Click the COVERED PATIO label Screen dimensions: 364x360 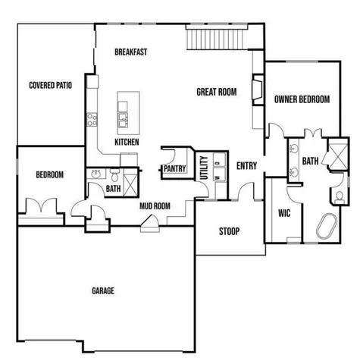tap(50, 86)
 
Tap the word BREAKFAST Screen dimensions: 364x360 tap(130, 52)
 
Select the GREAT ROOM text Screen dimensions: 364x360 tap(217, 92)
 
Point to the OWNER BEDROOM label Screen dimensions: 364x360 tap(302, 99)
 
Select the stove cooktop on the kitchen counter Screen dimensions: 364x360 tap(92, 118)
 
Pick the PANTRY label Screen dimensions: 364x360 tap(174, 170)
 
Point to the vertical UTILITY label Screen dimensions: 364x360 tap(203, 168)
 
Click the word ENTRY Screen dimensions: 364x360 tap(246, 166)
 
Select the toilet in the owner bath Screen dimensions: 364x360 tap(338, 198)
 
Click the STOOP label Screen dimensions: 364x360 tap(230, 231)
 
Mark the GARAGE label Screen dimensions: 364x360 tap(103, 290)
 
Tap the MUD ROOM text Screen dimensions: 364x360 tap(154, 206)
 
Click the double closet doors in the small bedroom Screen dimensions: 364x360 tap(39, 206)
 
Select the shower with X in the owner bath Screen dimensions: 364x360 tap(334, 156)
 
